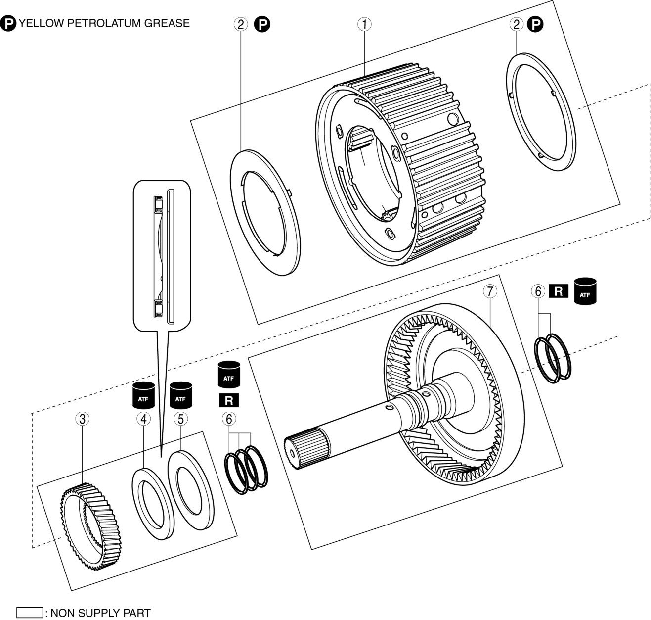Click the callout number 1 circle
(x=364, y=24)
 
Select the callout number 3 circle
(x=83, y=419)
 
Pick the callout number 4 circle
(x=143, y=419)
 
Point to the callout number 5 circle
(x=180, y=419)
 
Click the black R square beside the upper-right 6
(x=559, y=291)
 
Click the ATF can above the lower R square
(x=228, y=375)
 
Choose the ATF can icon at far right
(x=585, y=291)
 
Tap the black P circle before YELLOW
(x=8, y=23)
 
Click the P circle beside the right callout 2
(x=535, y=24)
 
